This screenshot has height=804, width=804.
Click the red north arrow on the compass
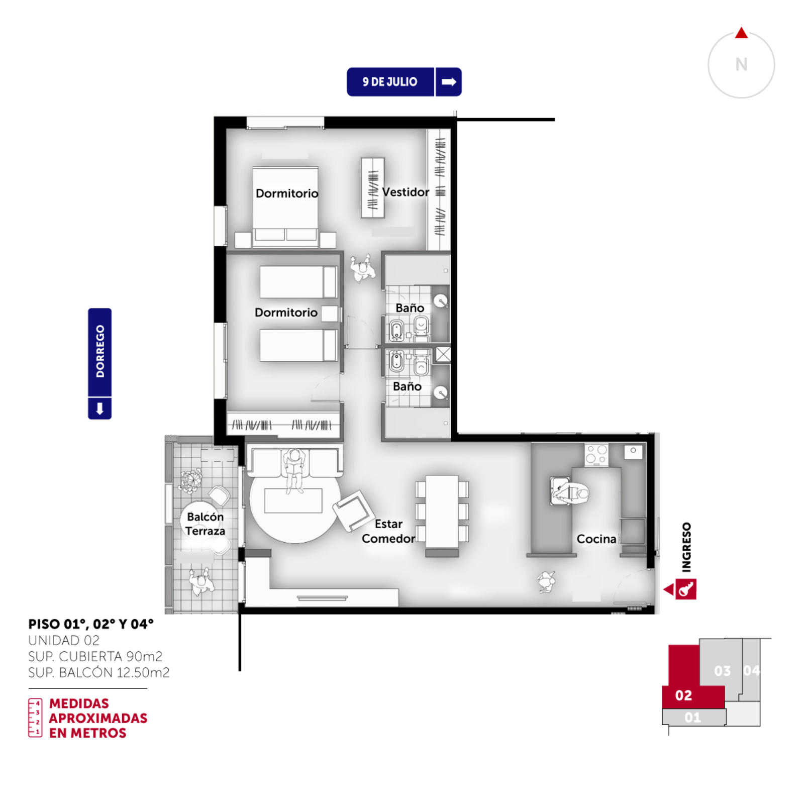point(741,33)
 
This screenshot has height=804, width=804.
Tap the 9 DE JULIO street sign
point(404,82)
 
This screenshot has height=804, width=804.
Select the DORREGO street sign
point(99,363)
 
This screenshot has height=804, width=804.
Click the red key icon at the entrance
point(686,589)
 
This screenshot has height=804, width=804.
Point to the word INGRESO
point(686,547)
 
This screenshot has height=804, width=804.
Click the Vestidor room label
point(406,192)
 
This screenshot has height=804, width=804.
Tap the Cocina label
point(596,539)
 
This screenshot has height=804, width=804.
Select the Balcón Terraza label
point(205,524)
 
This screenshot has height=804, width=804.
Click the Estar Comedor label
point(388,531)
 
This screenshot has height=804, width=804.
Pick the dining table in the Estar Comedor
point(442,512)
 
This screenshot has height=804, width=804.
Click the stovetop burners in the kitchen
point(596,455)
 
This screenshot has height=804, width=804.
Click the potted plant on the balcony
point(191,480)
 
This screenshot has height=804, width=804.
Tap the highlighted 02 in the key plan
point(683,695)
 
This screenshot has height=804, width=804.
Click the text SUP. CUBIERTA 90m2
point(95,656)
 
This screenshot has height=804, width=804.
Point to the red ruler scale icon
point(35,718)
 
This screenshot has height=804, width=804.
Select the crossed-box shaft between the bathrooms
point(443,354)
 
